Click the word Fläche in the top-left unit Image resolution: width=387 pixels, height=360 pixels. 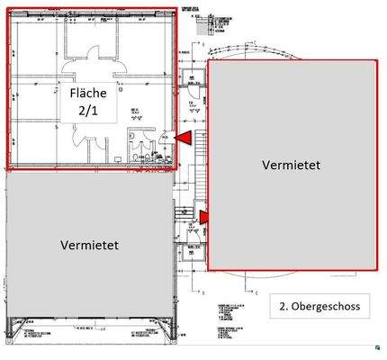pyautogui.click(x=88, y=93)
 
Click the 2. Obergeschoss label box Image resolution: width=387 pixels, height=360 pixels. pyautogui.click(x=318, y=307)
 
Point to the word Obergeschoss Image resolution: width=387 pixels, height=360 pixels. pyautogui.click(x=326, y=307)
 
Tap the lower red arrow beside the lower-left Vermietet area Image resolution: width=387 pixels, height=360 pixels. pyautogui.click(x=204, y=216)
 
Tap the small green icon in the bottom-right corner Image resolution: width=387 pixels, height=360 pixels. pyautogui.click(x=373, y=346)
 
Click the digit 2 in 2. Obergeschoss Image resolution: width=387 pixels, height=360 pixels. pyautogui.click(x=281, y=307)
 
